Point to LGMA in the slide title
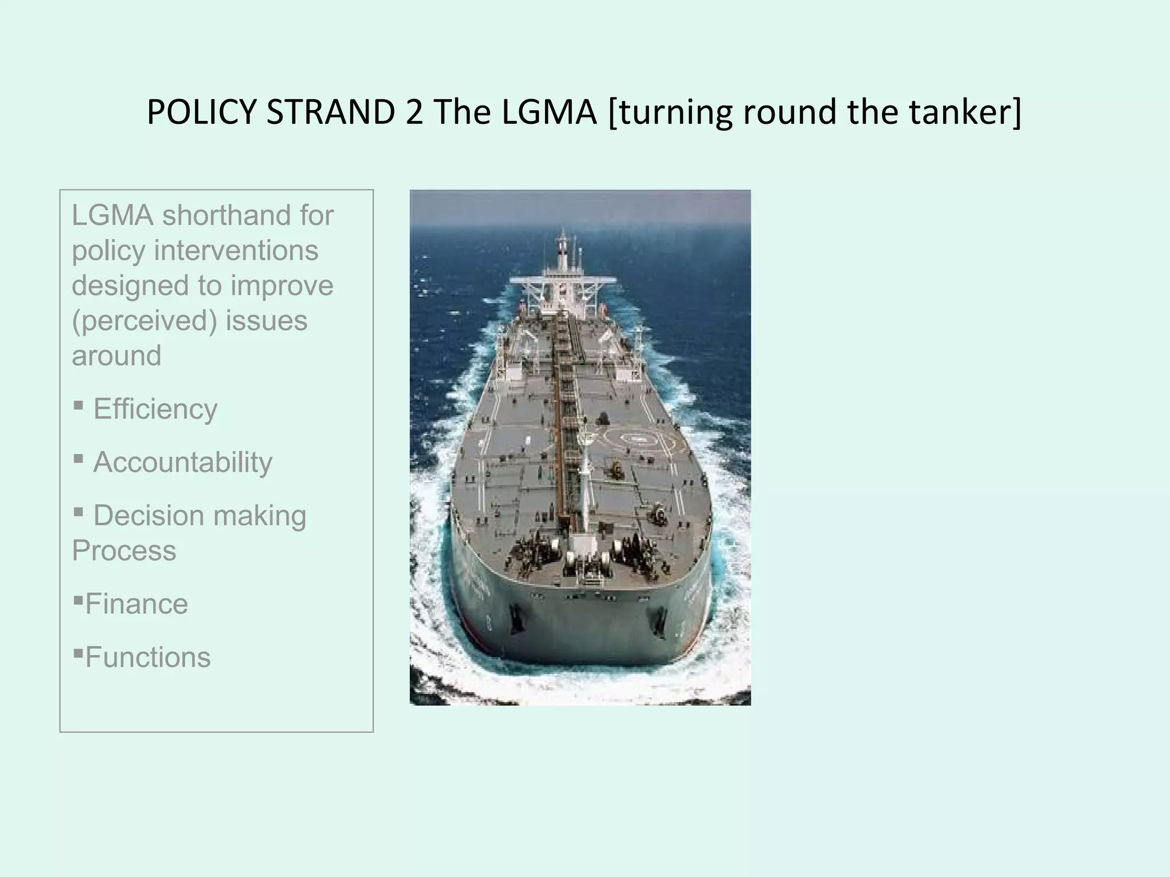[x=549, y=112]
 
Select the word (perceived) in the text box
[x=145, y=321]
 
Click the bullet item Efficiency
[x=155, y=409]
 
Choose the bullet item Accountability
[x=183, y=462]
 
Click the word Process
[x=124, y=551]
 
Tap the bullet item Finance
[x=137, y=604]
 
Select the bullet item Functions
[x=148, y=657]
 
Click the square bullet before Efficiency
[x=79, y=406]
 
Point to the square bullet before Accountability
[x=79, y=459]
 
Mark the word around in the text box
[x=117, y=356]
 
